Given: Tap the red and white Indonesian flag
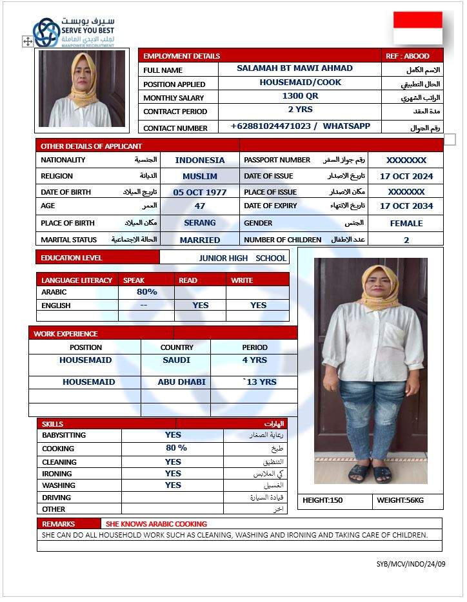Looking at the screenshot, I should [x=418, y=28].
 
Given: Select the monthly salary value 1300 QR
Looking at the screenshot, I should [x=300, y=96].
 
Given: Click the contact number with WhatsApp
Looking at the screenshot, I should [x=300, y=126].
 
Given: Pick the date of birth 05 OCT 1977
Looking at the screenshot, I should [x=200, y=192].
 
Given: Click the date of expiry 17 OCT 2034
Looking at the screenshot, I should [x=406, y=206].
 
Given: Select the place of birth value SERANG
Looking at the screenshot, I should [x=200, y=223].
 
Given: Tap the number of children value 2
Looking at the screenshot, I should [x=406, y=240].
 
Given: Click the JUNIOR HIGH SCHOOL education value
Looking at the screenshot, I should [x=243, y=258].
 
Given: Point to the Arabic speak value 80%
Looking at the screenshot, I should [x=147, y=292].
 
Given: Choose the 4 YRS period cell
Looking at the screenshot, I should [x=254, y=360].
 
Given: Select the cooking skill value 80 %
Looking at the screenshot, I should [x=176, y=448].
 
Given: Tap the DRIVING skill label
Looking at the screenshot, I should [x=57, y=498].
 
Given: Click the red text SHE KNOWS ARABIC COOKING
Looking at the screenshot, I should [x=157, y=524].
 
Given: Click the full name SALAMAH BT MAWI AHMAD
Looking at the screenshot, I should [x=295, y=68].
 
